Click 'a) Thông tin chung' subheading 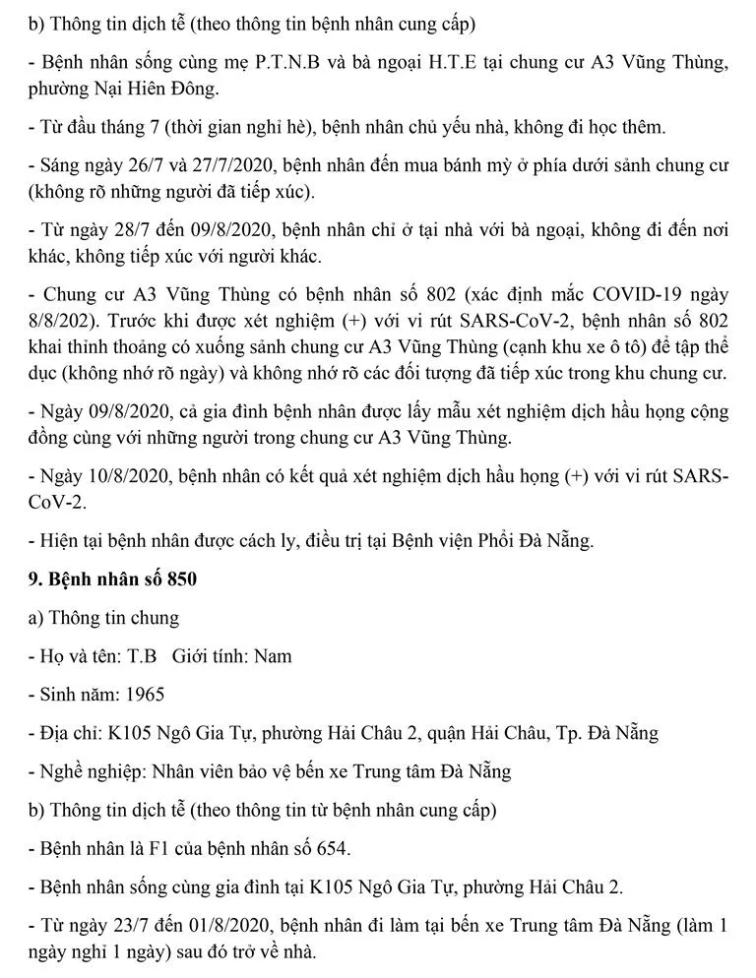point(103,618)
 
